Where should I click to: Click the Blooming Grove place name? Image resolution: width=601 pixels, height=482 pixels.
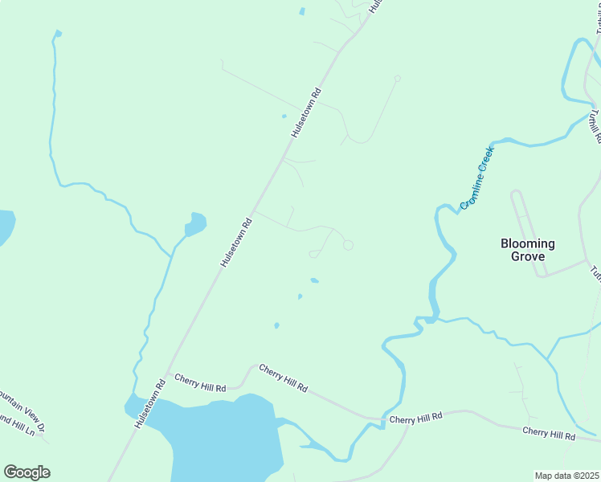[527, 250]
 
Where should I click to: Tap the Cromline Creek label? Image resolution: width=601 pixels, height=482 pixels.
[476, 178]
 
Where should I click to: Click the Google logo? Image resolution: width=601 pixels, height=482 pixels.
[27, 472]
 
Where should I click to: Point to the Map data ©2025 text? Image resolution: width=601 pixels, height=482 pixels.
[566, 476]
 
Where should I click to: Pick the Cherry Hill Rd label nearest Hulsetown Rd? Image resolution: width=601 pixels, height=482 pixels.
[200, 383]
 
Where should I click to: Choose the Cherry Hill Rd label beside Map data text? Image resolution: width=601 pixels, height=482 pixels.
[549, 435]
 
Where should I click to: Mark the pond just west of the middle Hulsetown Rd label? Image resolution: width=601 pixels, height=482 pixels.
[195, 223]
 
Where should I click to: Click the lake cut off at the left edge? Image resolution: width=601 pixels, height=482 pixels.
[5, 227]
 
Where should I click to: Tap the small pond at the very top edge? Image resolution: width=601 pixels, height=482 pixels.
[302, 11]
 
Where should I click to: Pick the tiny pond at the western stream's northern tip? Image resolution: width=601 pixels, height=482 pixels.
[56, 34]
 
